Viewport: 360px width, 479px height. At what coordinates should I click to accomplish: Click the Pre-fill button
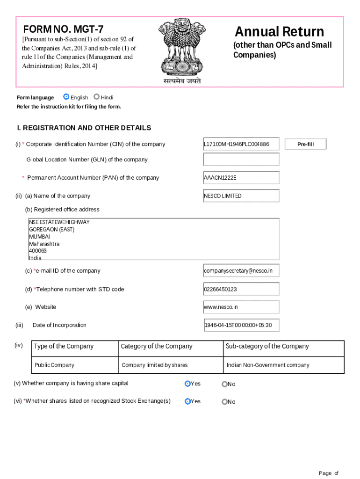[305, 144]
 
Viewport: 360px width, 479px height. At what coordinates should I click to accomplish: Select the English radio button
[66, 97]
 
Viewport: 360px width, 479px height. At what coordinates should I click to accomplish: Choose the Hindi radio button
[96, 97]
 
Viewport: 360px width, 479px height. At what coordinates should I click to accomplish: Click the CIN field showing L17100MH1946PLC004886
[241, 144]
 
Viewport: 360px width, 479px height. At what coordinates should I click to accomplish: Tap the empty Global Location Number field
[241, 160]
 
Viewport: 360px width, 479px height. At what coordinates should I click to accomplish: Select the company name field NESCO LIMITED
[241, 196]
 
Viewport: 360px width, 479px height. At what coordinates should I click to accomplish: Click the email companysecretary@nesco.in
[241, 271]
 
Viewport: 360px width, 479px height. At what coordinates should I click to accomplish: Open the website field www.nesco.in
[241, 307]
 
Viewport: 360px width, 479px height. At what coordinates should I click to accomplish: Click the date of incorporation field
[241, 325]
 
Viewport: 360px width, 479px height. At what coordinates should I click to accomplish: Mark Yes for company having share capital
[187, 384]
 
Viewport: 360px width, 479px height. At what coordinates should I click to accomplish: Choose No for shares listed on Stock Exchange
[224, 401]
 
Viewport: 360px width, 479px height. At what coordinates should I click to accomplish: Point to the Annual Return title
[279, 32]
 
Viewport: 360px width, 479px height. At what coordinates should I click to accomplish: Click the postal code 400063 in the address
[38, 251]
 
